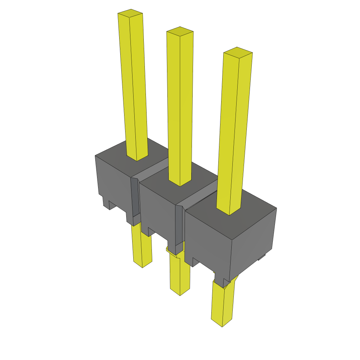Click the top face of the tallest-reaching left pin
[x=130, y=13]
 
